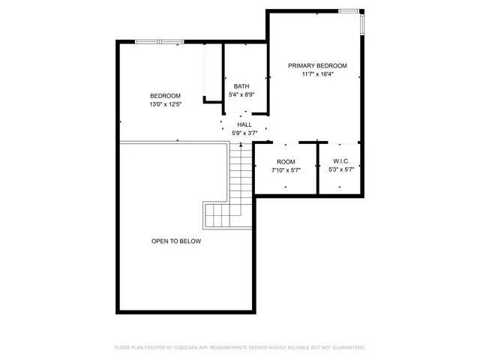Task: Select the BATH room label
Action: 241,85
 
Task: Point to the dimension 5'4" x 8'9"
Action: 241,94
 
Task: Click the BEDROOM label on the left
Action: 165,95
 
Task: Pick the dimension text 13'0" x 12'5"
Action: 165,104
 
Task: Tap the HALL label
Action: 244,124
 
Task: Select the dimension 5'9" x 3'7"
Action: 244,133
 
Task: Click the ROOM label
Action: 286,162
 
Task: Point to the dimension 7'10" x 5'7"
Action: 286,170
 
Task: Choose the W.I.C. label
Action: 341,162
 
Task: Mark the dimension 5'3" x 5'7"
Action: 341,170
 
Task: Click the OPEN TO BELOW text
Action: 176,241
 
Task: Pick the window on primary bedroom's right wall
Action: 364,23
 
